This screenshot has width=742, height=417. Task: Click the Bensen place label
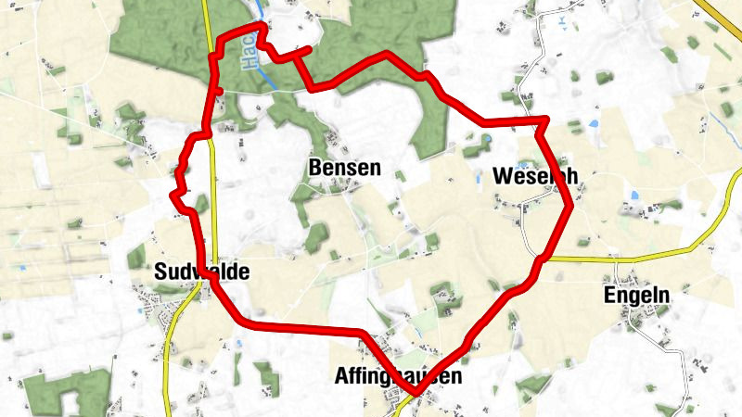[343, 169]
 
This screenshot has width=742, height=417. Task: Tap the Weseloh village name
[530, 176]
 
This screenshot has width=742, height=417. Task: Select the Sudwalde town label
[201, 272]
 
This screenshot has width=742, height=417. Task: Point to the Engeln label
[635, 295]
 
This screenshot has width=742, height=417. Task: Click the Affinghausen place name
[398, 377]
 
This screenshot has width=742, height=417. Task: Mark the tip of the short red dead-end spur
[309, 48]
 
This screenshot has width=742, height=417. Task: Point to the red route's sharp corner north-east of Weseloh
[544, 120]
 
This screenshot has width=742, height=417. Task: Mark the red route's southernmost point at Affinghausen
[416, 395]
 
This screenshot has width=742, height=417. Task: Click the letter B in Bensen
[313, 169]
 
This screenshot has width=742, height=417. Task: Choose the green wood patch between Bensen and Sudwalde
[316, 237]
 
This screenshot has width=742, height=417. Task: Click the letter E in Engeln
[609, 295]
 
